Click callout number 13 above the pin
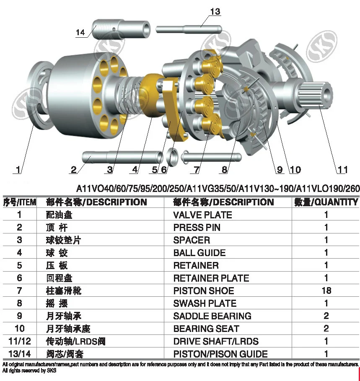(215, 11)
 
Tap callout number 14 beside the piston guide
(80, 32)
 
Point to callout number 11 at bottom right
(342, 170)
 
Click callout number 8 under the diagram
(225, 170)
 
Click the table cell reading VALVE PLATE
(202, 215)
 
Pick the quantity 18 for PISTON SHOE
(326, 290)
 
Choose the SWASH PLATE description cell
(205, 303)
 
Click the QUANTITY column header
(326, 202)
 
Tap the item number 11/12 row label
(19, 341)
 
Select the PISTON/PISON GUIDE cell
(220, 354)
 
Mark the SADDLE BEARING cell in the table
(212, 316)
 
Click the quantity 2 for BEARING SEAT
(326, 328)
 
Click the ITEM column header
(20, 202)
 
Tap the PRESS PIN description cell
(197, 228)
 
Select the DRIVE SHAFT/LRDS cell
(216, 341)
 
